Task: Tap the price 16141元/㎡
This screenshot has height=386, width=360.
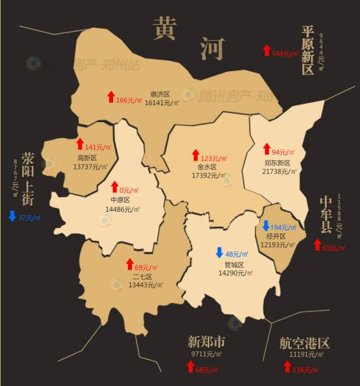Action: pos(162,103)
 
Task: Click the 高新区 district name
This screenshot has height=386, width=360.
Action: pos(87,157)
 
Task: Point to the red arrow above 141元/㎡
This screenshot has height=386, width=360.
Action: pos(80,144)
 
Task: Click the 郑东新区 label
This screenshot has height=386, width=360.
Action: pos(277,162)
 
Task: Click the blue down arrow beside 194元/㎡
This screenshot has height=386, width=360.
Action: pos(265,227)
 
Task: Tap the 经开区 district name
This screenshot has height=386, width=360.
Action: pos(277,237)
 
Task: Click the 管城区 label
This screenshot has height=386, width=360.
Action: pos(233,264)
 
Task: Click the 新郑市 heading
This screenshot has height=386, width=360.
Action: pos(207,342)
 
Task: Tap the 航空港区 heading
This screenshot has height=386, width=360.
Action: pos(305,342)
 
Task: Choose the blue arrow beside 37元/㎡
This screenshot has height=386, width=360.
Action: pos(12,216)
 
